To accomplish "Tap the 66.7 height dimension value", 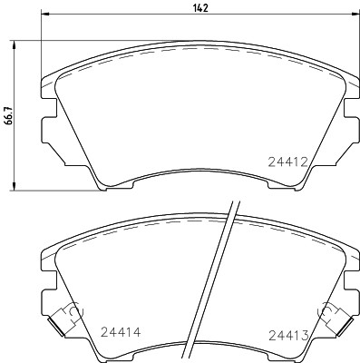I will click(9, 118).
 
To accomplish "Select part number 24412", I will click(288, 162).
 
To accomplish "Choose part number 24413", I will click(288, 334).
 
